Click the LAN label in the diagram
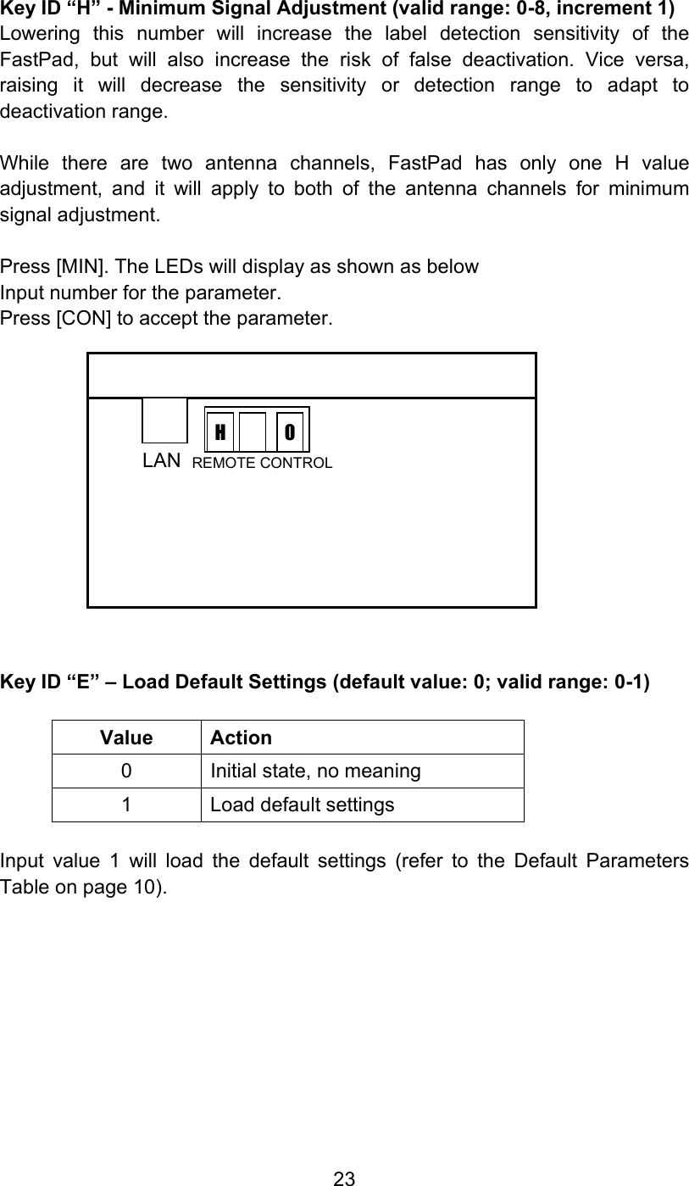[x=161, y=460]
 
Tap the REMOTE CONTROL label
[x=262, y=463]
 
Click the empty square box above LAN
[x=164, y=420]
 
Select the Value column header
[x=126, y=738]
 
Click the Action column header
[x=241, y=738]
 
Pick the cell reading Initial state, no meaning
[x=315, y=771]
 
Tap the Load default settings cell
[x=302, y=805]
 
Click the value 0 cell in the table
[x=125, y=771]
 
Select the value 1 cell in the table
[x=125, y=805]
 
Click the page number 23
[x=344, y=1178]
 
